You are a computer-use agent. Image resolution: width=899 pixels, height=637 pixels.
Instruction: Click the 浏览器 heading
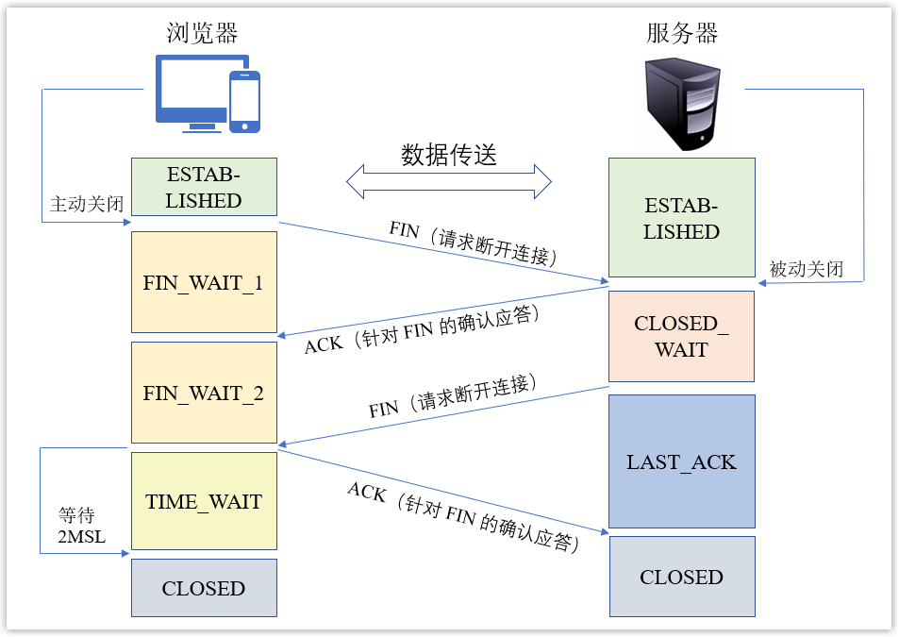tap(202, 33)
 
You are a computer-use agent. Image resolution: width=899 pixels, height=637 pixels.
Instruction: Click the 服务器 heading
tap(682, 33)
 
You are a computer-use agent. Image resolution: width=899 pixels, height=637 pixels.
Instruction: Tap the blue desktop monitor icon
tap(189, 92)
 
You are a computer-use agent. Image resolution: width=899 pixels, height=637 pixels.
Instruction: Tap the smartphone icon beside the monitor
tap(244, 101)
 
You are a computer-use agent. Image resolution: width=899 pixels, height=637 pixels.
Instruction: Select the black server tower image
tap(682, 104)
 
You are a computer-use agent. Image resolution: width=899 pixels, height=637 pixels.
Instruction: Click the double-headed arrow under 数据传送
tap(449, 181)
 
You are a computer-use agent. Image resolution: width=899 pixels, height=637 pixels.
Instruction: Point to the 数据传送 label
tap(449, 155)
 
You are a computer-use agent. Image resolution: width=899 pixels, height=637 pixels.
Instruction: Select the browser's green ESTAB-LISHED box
tap(204, 187)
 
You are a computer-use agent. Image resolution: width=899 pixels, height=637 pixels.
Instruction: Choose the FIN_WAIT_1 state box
tap(204, 282)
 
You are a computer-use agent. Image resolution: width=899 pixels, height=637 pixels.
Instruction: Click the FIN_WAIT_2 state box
tap(204, 393)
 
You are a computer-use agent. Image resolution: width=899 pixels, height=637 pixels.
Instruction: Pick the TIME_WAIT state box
tap(204, 501)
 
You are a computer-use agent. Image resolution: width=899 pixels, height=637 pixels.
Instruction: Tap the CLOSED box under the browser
tap(204, 588)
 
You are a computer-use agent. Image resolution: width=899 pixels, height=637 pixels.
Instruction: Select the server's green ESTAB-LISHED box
tap(681, 218)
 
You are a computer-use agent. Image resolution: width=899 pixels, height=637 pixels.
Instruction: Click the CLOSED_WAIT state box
tap(681, 336)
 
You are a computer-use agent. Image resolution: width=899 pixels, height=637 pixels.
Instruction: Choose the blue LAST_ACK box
tap(681, 461)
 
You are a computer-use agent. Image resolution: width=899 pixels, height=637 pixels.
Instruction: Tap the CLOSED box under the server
tap(681, 577)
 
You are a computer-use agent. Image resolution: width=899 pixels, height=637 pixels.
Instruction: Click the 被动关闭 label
tap(806, 269)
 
